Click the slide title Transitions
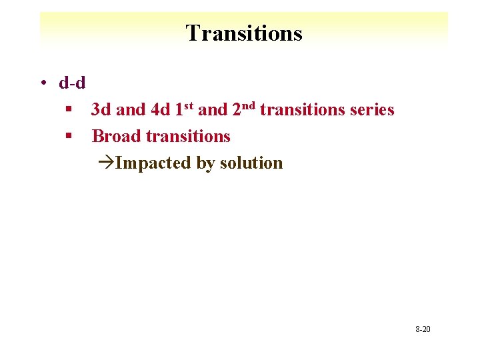(x=243, y=33)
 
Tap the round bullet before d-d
(x=42, y=83)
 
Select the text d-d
(x=71, y=83)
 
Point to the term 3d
(x=101, y=110)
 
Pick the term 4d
(x=159, y=110)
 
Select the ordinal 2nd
(x=244, y=109)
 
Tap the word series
(x=372, y=110)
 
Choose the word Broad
(x=116, y=137)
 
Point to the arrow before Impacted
(x=105, y=163)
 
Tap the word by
(x=205, y=164)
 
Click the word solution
(x=251, y=163)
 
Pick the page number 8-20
(x=423, y=329)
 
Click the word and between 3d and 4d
(x=131, y=110)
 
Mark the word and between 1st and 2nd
(x=213, y=110)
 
